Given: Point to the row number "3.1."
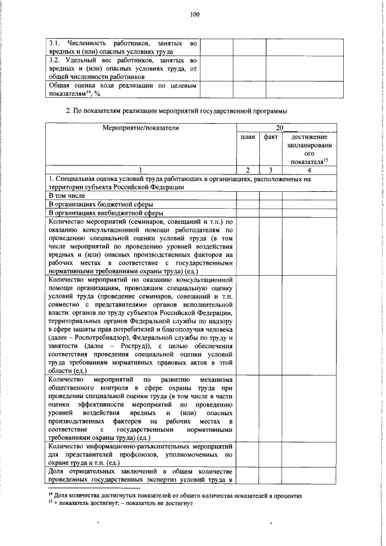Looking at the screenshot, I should [54, 43].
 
